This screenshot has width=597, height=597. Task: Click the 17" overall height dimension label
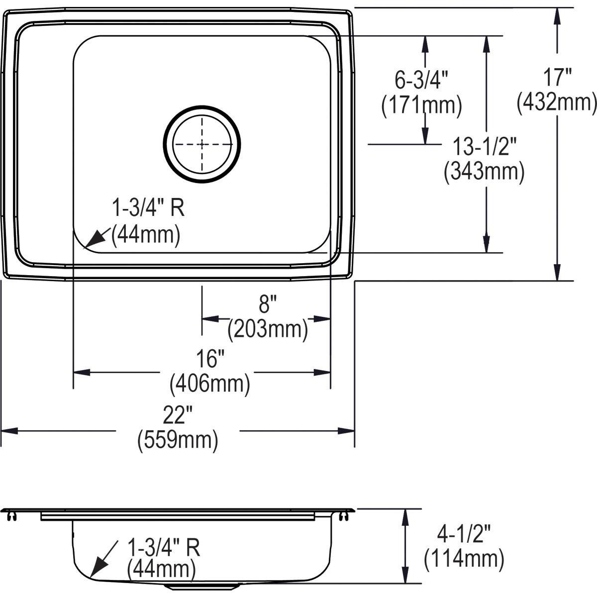point(557,78)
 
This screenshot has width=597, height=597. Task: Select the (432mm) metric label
point(557,103)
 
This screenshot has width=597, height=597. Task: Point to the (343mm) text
point(484,172)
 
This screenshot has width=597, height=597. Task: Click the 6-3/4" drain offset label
point(422,80)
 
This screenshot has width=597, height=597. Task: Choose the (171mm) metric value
point(421,105)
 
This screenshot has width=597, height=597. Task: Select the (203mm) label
point(267,328)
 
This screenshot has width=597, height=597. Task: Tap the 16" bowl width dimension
point(209,358)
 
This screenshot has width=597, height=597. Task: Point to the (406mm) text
point(209,383)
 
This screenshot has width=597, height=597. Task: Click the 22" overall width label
point(178,415)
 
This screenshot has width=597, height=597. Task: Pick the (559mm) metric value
point(178,440)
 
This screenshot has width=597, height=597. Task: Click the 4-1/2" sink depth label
point(464,536)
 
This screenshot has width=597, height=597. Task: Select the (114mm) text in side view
point(464,560)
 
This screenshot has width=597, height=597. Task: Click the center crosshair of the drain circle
point(202,144)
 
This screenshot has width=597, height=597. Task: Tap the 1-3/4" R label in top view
point(147,209)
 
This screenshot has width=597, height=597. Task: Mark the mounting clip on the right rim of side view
point(342,517)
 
